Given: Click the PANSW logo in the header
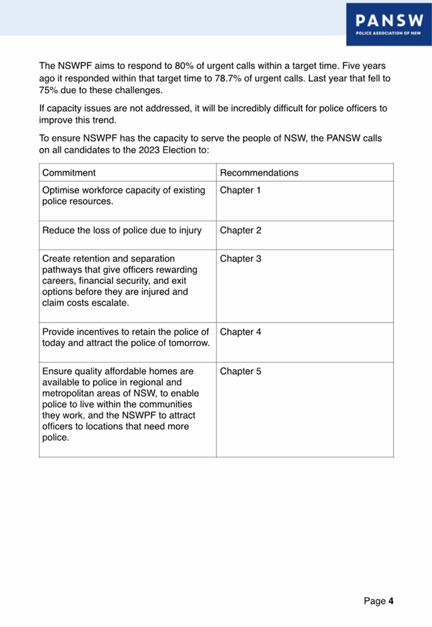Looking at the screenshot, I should (389, 23).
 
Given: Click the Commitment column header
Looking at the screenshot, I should (69, 172).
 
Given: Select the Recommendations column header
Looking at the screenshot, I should (259, 172).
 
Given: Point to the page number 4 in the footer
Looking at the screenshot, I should (391, 601).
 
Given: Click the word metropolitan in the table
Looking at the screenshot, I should (70, 393).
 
